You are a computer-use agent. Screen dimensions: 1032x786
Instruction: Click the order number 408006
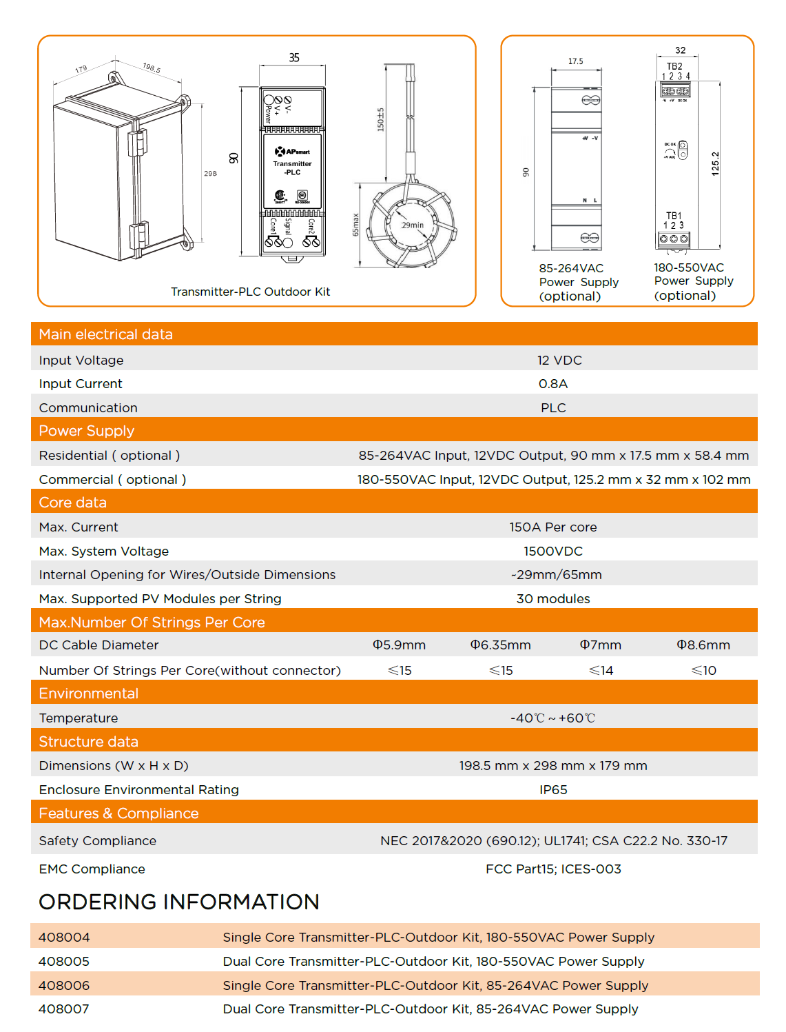click(64, 985)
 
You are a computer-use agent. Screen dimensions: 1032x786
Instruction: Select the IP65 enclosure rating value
click(553, 789)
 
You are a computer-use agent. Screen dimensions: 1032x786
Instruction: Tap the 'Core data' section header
click(72, 503)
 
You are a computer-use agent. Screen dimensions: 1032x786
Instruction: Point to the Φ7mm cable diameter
click(600, 645)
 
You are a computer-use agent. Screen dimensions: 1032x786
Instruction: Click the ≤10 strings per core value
click(703, 670)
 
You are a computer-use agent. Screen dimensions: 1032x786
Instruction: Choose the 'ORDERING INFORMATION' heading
click(179, 902)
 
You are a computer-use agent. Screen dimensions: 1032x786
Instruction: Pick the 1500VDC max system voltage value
click(553, 551)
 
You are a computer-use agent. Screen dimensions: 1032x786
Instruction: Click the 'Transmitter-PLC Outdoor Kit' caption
click(250, 292)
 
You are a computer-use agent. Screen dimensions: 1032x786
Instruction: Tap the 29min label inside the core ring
click(413, 225)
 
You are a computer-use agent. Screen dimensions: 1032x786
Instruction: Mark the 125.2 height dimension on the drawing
click(715, 164)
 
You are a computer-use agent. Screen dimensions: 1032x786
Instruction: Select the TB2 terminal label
click(674, 66)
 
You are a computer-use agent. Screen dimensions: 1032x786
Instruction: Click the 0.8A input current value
click(553, 384)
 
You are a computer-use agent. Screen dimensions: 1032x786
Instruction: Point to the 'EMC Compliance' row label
click(92, 869)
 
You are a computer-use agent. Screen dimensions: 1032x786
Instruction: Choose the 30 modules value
click(553, 598)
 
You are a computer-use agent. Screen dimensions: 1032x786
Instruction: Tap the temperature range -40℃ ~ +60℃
click(552, 718)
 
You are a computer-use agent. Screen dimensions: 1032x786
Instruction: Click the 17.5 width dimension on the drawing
click(575, 61)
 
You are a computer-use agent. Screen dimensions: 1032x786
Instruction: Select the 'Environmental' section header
click(88, 694)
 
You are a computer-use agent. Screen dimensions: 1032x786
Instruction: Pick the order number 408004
click(64, 937)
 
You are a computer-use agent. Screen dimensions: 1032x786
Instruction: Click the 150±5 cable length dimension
click(380, 119)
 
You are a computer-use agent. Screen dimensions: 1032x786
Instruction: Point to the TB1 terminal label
click(674, 216)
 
